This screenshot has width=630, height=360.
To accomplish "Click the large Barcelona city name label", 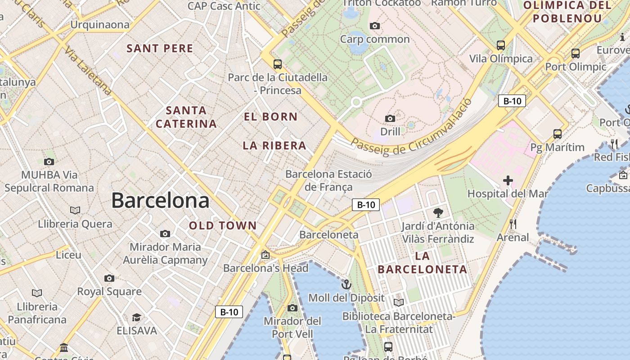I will point(160,200).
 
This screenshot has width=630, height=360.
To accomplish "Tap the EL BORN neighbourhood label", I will point(270,117).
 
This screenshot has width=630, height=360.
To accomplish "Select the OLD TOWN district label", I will point(223,226).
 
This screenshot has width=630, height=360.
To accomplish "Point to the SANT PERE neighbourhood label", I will point(160,49).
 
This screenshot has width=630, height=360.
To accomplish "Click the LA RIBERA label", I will point(274,146).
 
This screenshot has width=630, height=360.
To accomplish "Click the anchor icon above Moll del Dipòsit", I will point(346,284).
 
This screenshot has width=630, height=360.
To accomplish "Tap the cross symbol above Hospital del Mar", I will point(508,181).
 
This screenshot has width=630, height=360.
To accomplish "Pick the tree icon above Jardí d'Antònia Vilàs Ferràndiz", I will point(438,213).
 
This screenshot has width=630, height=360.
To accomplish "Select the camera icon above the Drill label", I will point(390,119).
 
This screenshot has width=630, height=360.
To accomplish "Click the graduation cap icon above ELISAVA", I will point(136,318).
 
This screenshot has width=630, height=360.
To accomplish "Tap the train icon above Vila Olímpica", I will point(501,45).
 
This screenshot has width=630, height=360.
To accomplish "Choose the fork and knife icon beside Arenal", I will point(513,224).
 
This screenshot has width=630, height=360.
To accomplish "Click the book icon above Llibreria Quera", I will point(75,210).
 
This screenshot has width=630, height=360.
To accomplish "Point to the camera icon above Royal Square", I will point(109,278).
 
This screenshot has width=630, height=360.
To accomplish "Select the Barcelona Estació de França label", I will point(329,180).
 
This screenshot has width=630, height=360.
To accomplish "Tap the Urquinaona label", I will point(100,25).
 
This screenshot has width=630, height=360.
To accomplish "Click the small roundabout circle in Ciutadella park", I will point(356,102).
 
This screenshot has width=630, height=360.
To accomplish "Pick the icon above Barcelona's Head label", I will point(265,255).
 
